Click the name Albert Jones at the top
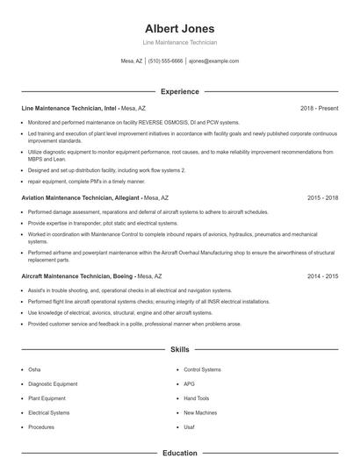coord(179,28)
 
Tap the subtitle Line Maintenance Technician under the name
coord(179,43)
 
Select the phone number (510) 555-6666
coord(165,61)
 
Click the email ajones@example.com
coord(213,61)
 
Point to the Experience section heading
coord(179,91)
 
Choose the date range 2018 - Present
coord(319,108)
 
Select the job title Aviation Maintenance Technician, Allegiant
coord(78,198)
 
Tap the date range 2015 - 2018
coord(322,198)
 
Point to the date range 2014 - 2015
coord(322,275)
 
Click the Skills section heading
coord(179,349)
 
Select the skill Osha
coord(34,369)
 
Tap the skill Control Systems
coord(202,369)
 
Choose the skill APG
coord(190,383)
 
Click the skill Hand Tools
coord(196,397)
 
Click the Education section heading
coord(179,454)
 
